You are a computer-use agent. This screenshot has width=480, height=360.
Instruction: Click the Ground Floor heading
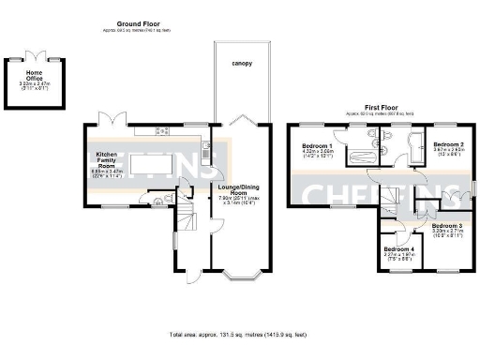(136, 22)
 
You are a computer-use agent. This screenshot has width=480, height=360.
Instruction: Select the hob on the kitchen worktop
(162, 130)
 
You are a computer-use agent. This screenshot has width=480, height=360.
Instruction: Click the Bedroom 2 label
(448, 147)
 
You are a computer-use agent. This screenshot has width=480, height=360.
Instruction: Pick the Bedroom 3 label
(446, 230)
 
